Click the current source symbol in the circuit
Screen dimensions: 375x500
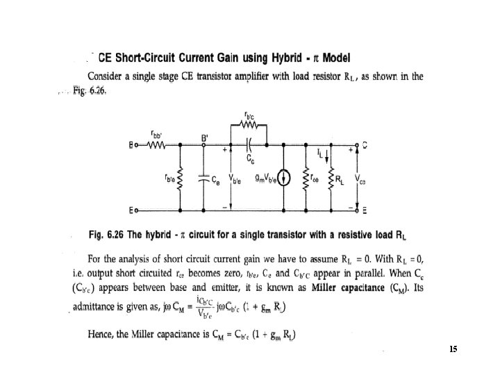click(283, 176)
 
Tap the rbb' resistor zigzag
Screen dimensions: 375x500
click(157, 146)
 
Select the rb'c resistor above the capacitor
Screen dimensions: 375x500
click(248, 126)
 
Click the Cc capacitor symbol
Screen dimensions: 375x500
click(249, 146)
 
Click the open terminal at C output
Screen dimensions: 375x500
click(356, 146)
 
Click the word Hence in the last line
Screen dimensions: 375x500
click(101, 336)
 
